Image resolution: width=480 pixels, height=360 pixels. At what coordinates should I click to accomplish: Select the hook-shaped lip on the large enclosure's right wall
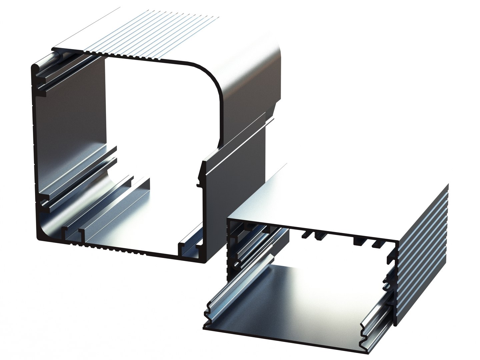202,172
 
